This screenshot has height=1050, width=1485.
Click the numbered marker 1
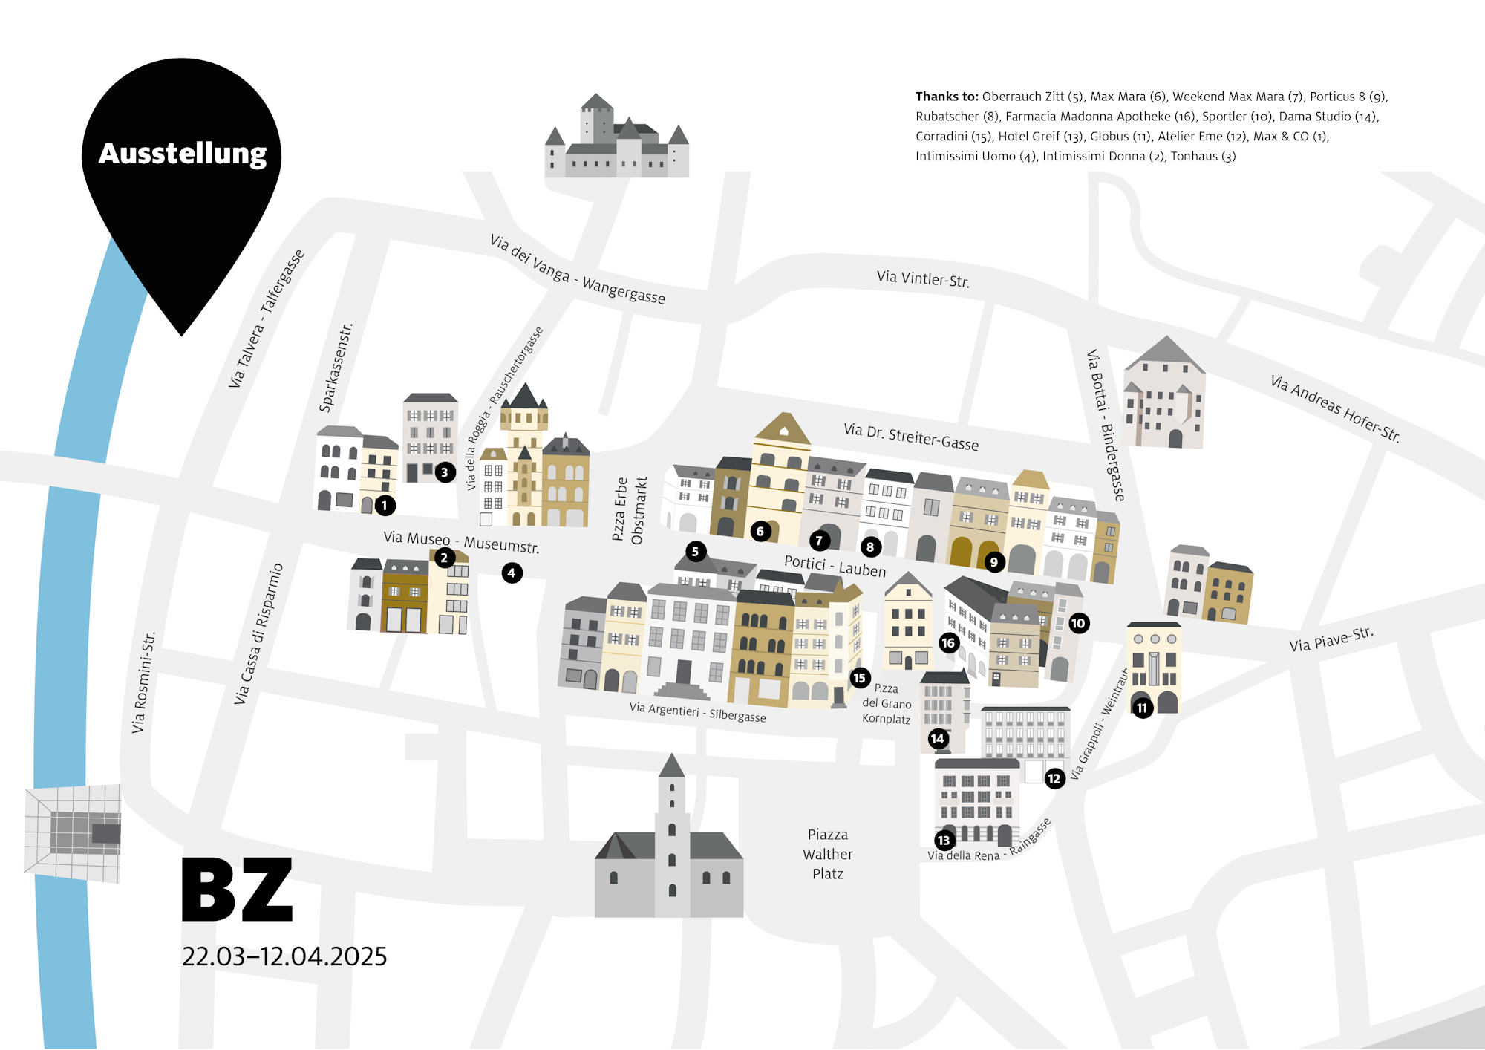[385, 506]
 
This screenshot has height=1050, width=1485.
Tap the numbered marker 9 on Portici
[993, 562]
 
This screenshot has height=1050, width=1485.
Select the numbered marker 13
[944, 840]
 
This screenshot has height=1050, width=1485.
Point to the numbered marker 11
[1142, 708]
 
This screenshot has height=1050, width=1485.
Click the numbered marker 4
[512, 573]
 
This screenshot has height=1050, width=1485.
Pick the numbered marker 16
[948, 642]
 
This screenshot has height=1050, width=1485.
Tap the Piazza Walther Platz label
[828, 854]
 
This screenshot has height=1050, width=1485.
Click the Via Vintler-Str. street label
[923, 279]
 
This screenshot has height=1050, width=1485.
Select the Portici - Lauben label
[835, 566]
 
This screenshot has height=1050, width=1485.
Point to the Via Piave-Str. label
[1331, 639]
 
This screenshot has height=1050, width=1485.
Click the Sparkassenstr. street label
[336, 368]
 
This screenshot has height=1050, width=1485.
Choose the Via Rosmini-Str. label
[143, 682]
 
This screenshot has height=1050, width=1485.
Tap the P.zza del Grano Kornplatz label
[887, 703]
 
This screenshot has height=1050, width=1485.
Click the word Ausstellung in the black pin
[183, 154]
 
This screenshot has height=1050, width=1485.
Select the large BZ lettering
[238, 890]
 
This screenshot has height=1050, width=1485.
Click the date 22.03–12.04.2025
[284, 956]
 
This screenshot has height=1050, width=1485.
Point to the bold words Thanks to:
[947, 97]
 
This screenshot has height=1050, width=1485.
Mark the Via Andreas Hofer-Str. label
[1335, 408]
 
